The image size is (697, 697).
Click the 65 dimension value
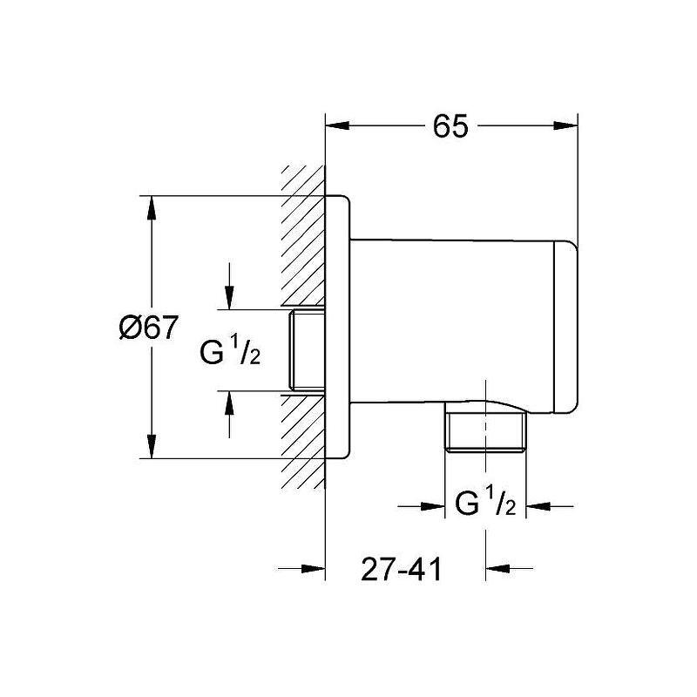pos(450,126)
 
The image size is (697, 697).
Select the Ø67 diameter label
pos(149,328)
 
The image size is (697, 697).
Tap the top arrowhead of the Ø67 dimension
pos(152,207)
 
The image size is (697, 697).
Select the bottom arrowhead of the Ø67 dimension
pos(152,447)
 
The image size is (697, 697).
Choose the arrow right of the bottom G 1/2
pos(540,505)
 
